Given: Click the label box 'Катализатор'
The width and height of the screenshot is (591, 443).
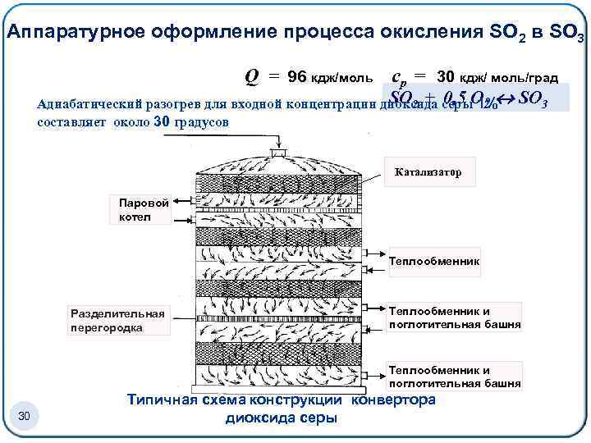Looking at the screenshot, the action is (428, 173).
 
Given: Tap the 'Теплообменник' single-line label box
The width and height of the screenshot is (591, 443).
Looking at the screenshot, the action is (433, 263).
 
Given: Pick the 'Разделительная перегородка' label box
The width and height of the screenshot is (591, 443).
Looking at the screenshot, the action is (117, 321).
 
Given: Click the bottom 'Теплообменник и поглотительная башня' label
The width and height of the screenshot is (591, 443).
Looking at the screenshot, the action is (454, 376).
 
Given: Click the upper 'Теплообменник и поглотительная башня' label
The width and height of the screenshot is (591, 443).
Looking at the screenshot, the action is (454, 317).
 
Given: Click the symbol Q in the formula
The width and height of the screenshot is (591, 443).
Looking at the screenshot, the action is (253, 75).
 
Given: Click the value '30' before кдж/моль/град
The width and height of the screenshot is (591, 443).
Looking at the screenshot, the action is (445, 76).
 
